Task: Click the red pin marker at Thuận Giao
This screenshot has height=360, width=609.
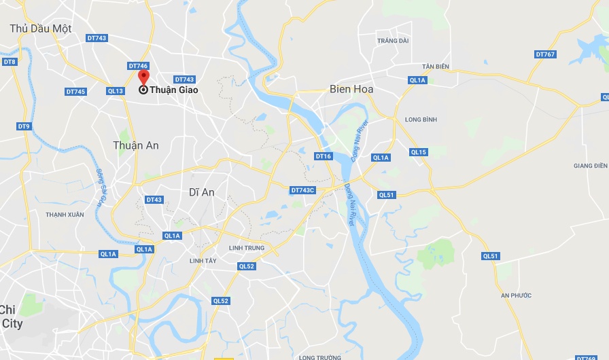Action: (143, 77)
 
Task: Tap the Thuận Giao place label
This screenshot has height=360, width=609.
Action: (173, 90)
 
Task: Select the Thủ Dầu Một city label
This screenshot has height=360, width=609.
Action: (41, 29)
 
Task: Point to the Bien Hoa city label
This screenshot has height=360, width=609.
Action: (351, 89)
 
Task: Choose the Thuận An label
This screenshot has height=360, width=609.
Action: (136, 145)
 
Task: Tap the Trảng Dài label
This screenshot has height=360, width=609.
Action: (394, 41)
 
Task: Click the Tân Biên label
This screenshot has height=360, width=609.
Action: (436, 67)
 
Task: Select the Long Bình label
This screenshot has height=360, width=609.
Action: (421, 120)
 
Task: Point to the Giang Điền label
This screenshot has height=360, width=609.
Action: (590, 166)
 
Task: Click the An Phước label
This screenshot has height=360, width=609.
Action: (516, 295)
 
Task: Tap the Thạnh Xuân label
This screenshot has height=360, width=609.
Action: (65, 215)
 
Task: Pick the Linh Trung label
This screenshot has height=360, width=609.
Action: (246, 248)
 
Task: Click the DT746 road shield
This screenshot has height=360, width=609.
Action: (138, 66)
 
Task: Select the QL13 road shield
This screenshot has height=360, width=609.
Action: (116, 91)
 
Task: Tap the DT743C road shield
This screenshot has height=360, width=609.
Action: (303, 190)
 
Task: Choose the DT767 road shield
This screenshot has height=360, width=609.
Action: (545, 54)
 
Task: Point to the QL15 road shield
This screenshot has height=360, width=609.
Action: (419, 152)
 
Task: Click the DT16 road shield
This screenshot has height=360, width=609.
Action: (324, 156)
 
